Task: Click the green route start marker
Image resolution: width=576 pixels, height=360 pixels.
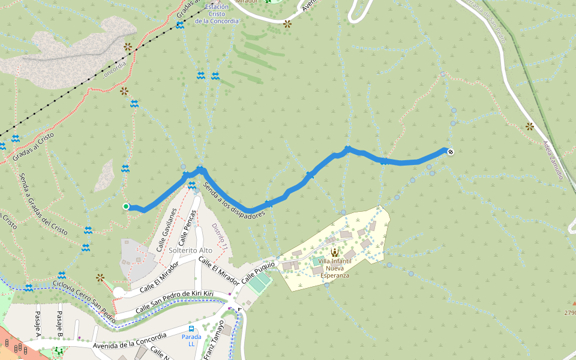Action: (x=126, y=206)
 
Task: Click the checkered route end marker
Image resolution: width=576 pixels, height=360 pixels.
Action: (x=450, y=151)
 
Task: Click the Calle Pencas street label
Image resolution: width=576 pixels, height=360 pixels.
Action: (x=187, y=224)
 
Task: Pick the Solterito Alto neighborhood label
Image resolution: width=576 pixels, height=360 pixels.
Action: (x=191, y=250)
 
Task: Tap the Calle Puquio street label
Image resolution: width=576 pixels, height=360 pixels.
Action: (x=259, y=272)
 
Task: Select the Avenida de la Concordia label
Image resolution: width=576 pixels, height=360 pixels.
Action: (x=130, y=341)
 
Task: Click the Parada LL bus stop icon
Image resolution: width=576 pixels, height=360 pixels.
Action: (x=191, y=329)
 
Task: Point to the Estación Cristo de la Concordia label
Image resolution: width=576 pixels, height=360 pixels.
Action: (x=217, y=14)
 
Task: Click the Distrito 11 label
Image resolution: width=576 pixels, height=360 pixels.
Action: (x=219, y=236)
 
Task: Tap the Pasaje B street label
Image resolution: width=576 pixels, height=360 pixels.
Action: (x=59, y=322)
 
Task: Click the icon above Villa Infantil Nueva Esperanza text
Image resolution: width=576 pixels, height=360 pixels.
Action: (x=334, y=253)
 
